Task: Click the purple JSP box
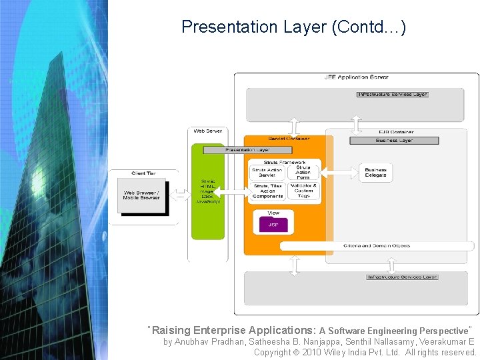click(273, 225)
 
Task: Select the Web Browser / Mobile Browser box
click(141, 195)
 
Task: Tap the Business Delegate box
click(375, 172)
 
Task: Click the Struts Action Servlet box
click(267, 172)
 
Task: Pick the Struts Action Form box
click(303, 172)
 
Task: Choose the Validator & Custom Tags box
click(303, 191)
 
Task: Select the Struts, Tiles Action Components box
click(267, 191)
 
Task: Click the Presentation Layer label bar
click(247, 150)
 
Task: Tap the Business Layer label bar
click(394, 141)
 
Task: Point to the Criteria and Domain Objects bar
click(377, 246)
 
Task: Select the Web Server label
click(208, 131)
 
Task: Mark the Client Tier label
click(143, 173)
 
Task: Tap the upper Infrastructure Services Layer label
click(392, 95)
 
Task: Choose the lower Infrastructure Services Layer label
click(402, 277)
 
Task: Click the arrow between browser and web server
click(179, 195)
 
